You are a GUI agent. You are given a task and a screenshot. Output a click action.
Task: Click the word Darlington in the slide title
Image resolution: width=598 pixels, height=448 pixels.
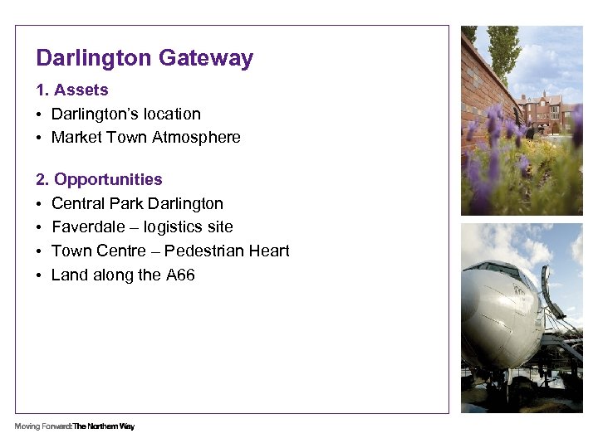tap(94, 59)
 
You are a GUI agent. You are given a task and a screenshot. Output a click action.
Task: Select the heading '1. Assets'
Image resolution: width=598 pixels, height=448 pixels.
tap(72, 90)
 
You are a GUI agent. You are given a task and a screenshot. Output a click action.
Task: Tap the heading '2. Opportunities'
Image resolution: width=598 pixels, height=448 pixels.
tap(99, 179)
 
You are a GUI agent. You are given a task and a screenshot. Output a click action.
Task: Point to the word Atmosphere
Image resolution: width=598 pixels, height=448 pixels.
tap(196, 138)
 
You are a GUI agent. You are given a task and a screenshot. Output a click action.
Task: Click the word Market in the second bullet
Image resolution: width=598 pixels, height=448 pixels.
tap(76, 138)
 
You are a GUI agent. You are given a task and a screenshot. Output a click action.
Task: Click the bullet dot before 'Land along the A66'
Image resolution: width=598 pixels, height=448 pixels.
tap(39, 275)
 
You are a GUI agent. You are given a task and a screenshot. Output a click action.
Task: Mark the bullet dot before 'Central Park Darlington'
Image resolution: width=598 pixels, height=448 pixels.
tap(39, 204)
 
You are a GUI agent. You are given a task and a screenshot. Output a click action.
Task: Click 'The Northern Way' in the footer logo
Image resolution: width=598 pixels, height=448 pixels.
tap(104, 426)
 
